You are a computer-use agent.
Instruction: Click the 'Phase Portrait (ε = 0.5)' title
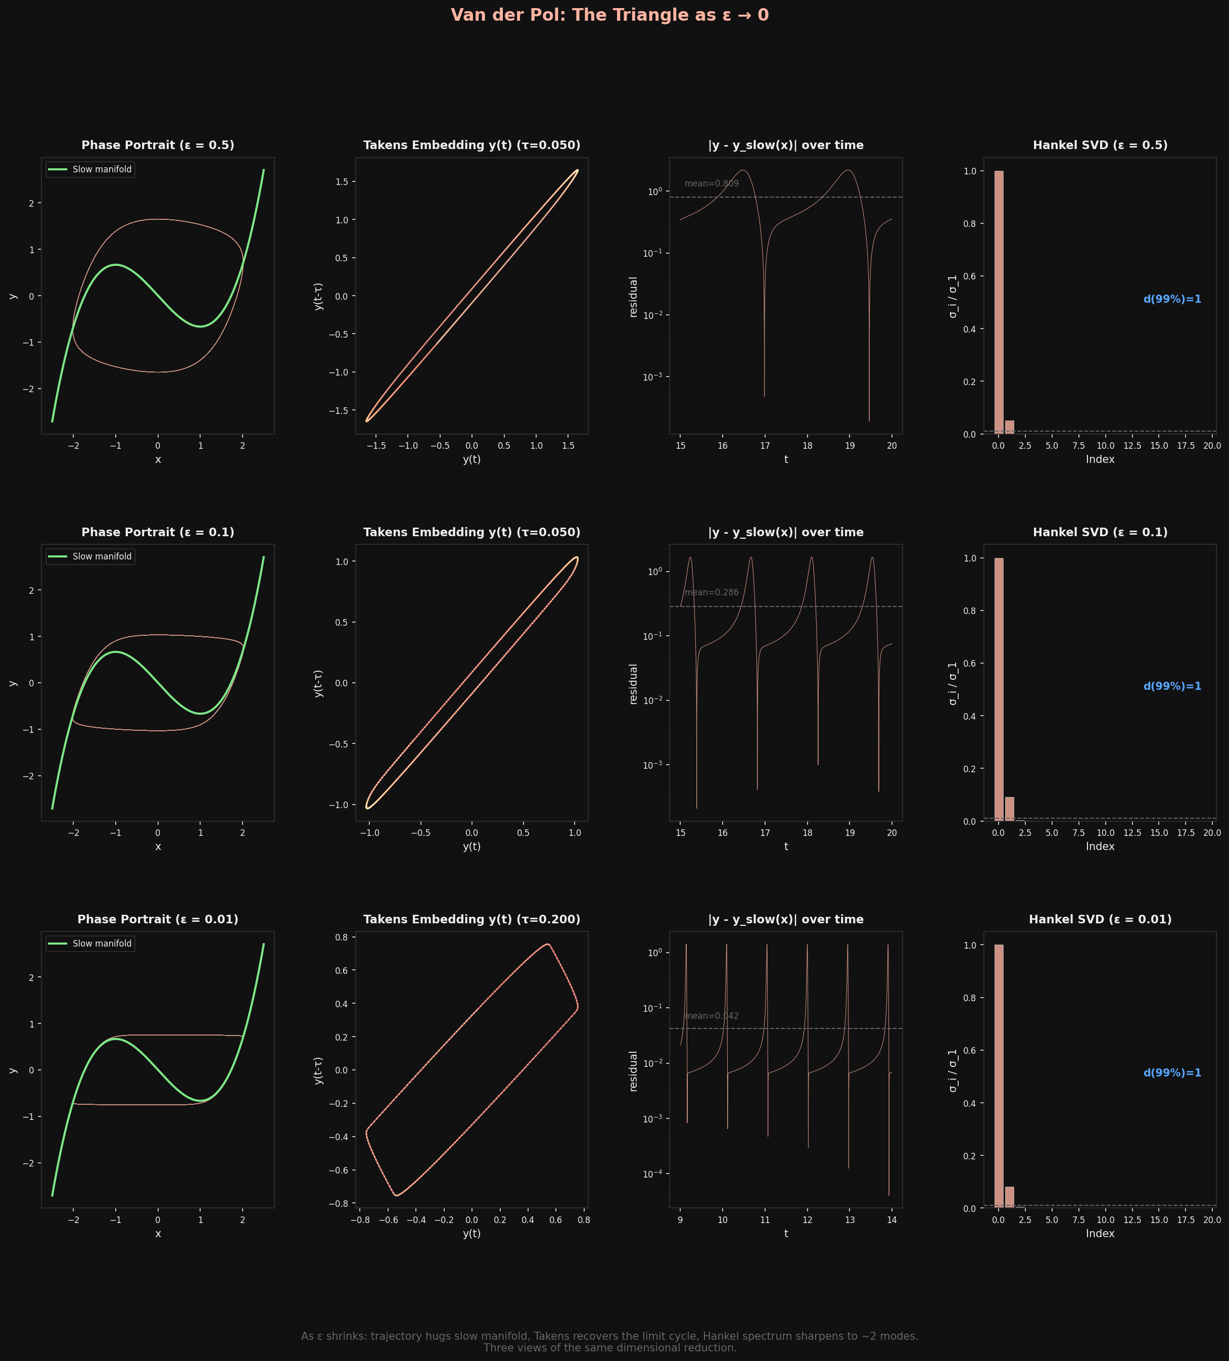click(x=158, y=145)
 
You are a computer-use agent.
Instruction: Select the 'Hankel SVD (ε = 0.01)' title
click(x=1100, y=919)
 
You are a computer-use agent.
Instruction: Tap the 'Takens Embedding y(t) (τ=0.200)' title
click(x=472, y=919)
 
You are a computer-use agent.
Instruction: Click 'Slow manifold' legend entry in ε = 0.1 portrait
click(x=101, y=556)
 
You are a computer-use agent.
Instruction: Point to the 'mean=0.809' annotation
click(x=712, y=183)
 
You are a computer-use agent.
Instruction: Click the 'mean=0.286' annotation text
click(x=712, y=593)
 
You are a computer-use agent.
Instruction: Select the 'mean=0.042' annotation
click(x=712, y=1016)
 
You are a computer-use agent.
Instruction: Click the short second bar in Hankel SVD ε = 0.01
click(x=1010, y=1198)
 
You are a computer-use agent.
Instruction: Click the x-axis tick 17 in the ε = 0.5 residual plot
click(x=765, y=446)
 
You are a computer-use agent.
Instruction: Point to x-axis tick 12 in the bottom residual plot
click(x=807, y=1220)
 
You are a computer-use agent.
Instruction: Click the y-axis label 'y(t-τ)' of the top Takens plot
click(x=318, y=296)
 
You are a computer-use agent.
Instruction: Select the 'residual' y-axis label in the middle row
click(x=633, y=683)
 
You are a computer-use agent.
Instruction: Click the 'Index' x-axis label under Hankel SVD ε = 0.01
click(x=1100, y=1234)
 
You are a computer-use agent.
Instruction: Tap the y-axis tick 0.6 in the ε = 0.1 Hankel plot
click(x=969, y=664)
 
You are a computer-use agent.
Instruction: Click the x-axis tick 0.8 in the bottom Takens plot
click(x=584, y=1220)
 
